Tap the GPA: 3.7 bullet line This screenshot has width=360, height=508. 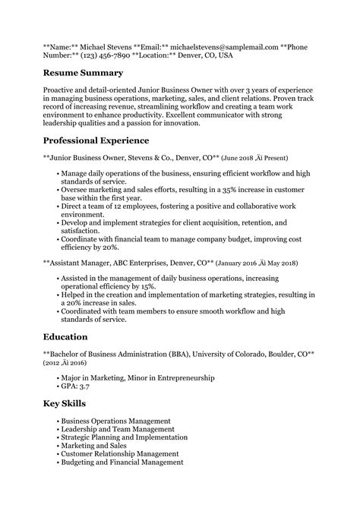coord(78,386)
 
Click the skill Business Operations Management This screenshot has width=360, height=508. coord(115,420)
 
